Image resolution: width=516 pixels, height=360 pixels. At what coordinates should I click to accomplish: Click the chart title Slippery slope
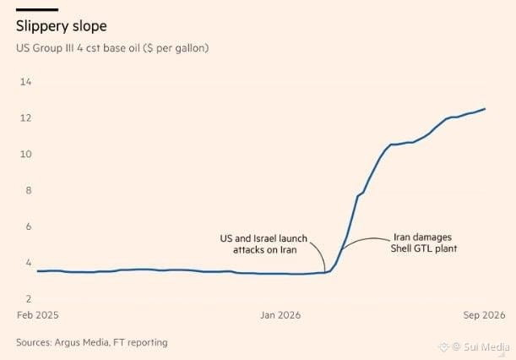click(x=61, y=26)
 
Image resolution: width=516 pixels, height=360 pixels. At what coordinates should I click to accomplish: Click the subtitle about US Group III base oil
click(x=112, y=48)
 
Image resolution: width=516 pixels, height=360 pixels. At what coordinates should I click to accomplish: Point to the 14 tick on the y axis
click(x=25, y=82)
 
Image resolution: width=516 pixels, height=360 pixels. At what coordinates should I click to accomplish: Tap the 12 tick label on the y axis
click(x=25, y=118)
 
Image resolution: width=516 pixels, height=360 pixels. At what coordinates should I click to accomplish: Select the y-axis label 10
click(x=25, y=154)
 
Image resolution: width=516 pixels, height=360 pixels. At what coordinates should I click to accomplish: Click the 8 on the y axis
click(x=29, y=190)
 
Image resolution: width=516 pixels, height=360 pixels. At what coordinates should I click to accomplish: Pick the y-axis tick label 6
click(x=29, y=226)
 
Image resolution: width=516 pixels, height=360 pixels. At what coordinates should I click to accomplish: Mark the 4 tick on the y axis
click(x=29, y=263)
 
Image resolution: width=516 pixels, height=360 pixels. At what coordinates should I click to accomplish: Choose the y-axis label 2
click(x=29, y=299)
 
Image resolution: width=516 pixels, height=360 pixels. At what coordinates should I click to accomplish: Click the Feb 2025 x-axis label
click(x=38, y=315)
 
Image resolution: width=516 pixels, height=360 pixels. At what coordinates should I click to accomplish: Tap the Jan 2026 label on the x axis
click(x=280, y=315)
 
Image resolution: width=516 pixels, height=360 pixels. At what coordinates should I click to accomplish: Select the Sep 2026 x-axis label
click(x=484, y=315)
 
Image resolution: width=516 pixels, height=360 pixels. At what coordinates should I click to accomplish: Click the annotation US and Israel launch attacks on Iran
click(x=263, y=244)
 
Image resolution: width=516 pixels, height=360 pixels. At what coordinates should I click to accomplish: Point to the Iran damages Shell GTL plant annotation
click(x=424, y=243)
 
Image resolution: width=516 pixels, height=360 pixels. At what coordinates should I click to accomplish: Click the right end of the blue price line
click(x=485, y=109)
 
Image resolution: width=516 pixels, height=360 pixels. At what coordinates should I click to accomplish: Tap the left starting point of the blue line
click(x=38, y=271)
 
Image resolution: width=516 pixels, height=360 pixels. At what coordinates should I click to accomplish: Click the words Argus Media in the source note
click(x=82, y=342)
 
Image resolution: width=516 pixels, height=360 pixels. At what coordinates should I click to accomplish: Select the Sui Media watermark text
click(x=486, y=346)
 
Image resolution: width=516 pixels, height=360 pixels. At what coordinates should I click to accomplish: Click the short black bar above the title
click(x=37, y=10)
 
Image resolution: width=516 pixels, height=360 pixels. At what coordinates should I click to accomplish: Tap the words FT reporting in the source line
click(x=140, y=342)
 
